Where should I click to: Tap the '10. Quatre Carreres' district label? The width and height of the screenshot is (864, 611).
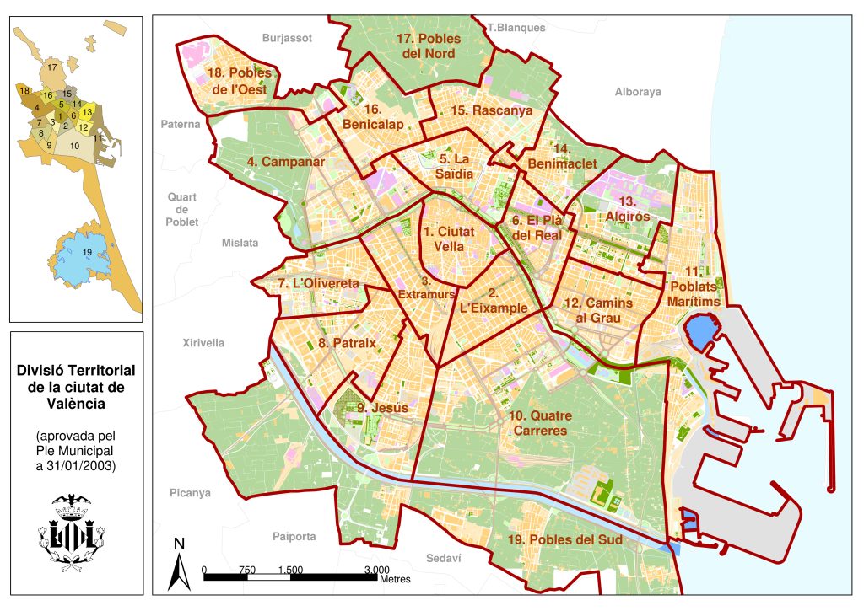[x=540, y=423]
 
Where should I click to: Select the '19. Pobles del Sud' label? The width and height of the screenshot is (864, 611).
[x=566, y=539]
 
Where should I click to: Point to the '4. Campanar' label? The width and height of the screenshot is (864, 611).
[x=286, y=161]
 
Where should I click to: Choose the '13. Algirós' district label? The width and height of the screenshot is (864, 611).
[x=626, y=209]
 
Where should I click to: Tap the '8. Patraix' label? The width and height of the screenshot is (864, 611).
[x=347, y=343]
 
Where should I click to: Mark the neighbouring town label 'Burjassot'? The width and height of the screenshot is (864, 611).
[x=287, y=38]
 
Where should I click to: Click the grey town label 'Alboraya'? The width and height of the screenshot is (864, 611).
[x=638, y=92]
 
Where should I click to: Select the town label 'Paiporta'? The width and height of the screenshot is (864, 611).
[x=294, y=536]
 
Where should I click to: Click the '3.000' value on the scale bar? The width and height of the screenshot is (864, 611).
[x=377, y=570]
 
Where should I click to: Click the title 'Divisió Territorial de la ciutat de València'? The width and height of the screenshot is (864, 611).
[x=76, y=387]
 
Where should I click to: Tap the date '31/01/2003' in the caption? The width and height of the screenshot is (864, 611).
[x=82, y=465]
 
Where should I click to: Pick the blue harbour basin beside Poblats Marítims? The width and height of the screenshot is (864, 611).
[x=699, y=332]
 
